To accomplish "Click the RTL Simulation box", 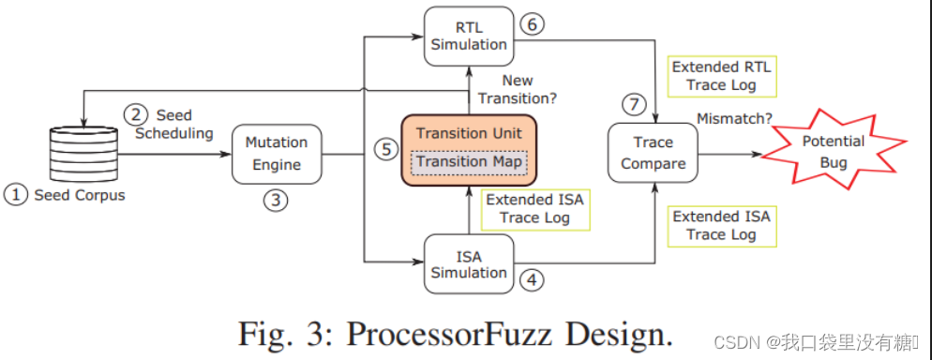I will pyautogui.click(x=469, y=35).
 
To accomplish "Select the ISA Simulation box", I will pyautogui.click(x=469, y=263).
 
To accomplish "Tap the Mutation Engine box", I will pyautogui.click(x=277, y=154).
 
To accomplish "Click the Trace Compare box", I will pyautogui.click(x=653, y=154).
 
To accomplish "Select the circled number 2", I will pyautogui.click(x=137, y=114).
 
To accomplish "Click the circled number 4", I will pyautogui.click(x=531, y=278).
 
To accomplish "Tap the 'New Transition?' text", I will pyautogui.click(x=519, y=89).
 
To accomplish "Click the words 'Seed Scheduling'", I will pyautogui.click(x=174, y=124).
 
